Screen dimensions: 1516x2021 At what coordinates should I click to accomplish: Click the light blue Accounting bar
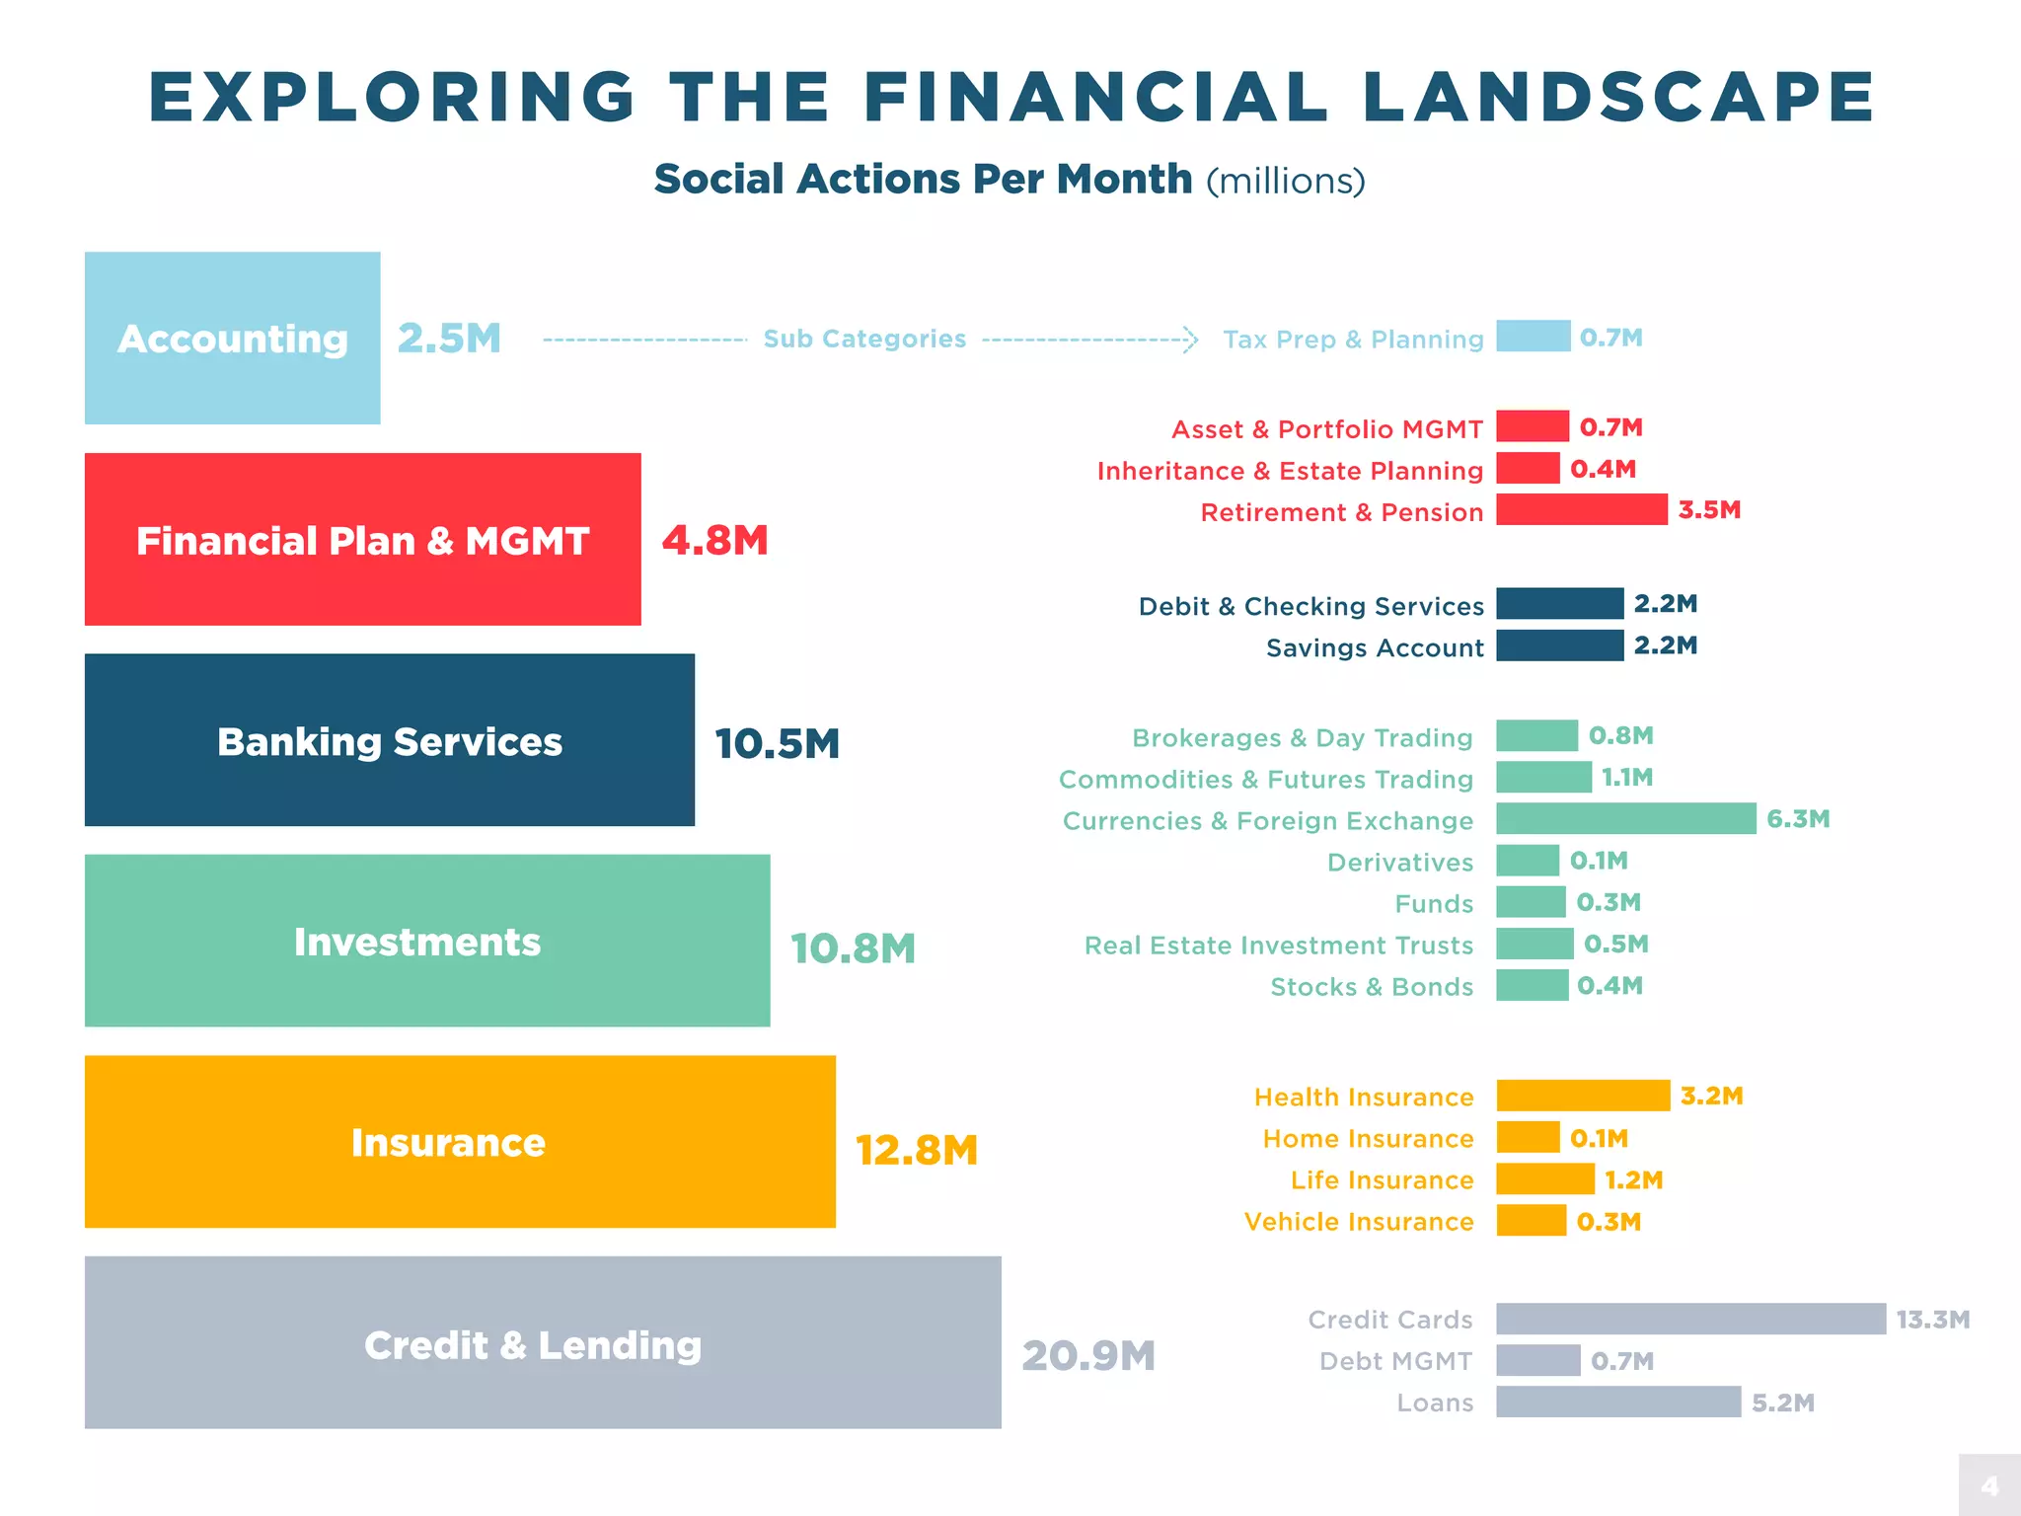[x=232, y=338]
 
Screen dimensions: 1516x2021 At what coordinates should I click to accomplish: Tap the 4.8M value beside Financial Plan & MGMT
[x=714, y=540]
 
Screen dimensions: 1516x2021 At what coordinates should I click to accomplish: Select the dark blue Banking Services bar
[x=389, y=739]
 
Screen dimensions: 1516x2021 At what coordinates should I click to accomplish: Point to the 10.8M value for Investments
[x=853, y=948]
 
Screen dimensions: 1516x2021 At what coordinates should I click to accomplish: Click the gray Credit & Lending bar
[x=542, y=1341]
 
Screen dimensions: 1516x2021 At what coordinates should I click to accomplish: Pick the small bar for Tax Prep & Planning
[x=1533, y=337]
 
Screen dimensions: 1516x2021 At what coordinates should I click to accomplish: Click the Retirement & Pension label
[x=1341, y=512]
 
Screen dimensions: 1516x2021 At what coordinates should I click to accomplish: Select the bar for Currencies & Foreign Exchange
[x=1625, y=818]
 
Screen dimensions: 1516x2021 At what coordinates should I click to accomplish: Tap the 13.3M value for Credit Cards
[x=1932, y=1320]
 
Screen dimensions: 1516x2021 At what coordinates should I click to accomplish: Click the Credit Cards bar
[x=1689, y=1319]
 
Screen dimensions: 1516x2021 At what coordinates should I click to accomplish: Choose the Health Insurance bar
[x=1582, y=1096]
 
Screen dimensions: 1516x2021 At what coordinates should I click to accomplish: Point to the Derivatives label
[x=1399, y=863]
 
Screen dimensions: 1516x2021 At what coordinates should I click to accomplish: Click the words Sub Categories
[x=864, y=339]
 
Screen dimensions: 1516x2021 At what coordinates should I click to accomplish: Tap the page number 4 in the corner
[x=1989, y=1485]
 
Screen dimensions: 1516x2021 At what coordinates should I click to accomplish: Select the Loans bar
[x=1617, y=1402]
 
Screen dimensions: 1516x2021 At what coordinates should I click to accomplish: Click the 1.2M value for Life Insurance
[x=1633, y=1180]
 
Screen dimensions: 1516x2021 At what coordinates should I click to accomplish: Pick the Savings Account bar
[x=1559, y=645]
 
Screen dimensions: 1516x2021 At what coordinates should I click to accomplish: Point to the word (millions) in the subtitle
[x=1285, y=181]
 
